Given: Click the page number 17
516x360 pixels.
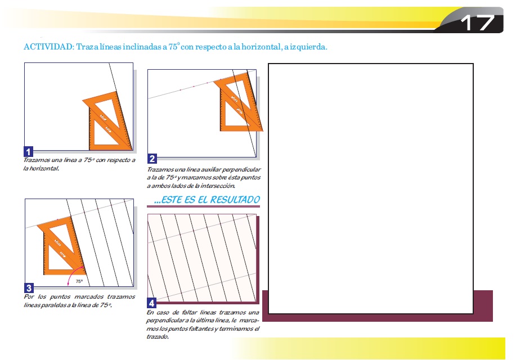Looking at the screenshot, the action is [478, 22].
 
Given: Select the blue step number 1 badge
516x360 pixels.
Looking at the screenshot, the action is [29, 152].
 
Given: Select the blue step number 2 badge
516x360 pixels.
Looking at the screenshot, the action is [152, 159].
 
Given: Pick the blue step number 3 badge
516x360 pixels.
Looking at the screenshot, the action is [29, 288].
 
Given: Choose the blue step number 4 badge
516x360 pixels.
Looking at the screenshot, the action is [151, 303].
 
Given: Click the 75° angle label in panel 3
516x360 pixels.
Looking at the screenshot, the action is [79, 281].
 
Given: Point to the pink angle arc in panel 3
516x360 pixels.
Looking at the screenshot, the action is [71, 272].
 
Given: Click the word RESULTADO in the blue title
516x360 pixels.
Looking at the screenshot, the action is [235, 200].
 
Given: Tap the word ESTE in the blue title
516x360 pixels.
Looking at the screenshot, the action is [169, 200].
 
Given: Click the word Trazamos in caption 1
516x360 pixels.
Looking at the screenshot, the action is [36, 160].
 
